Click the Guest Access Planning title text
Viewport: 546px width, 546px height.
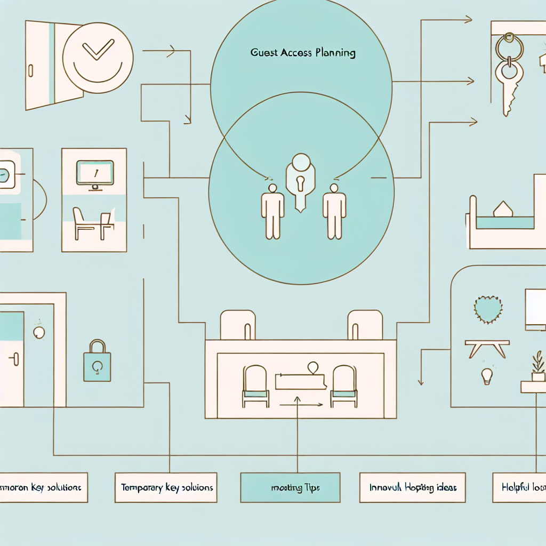(302, 53)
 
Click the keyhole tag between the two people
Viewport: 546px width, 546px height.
(301, 181)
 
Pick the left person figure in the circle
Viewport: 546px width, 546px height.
(272, 211)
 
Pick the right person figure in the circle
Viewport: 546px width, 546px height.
(334, 211)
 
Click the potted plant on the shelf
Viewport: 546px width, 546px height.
(537, 367)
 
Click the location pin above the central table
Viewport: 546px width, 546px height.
(312, 367)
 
